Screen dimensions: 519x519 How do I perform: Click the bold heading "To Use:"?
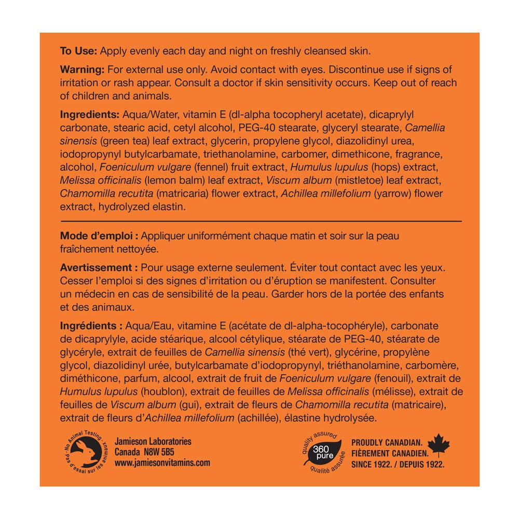[78, 51]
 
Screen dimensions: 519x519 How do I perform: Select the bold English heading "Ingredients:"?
[89, 114]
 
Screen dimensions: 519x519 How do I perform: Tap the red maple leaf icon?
[439, 445]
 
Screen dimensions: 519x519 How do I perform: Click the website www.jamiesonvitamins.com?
[162, 462]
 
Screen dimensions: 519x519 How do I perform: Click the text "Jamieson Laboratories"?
[153, 442]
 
